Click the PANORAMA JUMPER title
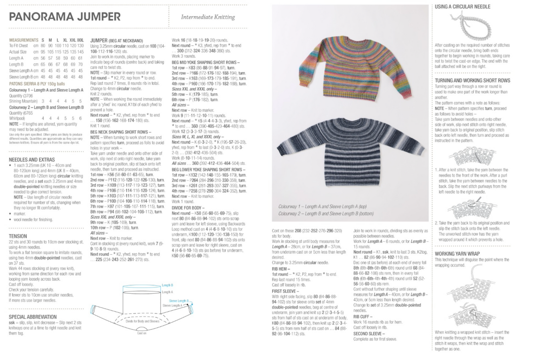[65, 17]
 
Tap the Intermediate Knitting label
[208, 17]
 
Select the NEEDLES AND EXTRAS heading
[32, 160]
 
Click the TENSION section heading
[18, 236]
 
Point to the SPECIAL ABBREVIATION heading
[33, 317]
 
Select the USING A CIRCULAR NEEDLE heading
[462, 7]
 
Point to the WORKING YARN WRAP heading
[457, 254]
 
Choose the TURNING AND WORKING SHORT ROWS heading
[472, 80]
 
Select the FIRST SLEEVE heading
[284, 291]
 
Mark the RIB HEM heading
[281, 269]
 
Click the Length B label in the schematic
[167, 285]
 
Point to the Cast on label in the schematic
[142, 333]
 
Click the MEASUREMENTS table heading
[24, 40]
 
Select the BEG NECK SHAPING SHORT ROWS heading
[121, 132]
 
